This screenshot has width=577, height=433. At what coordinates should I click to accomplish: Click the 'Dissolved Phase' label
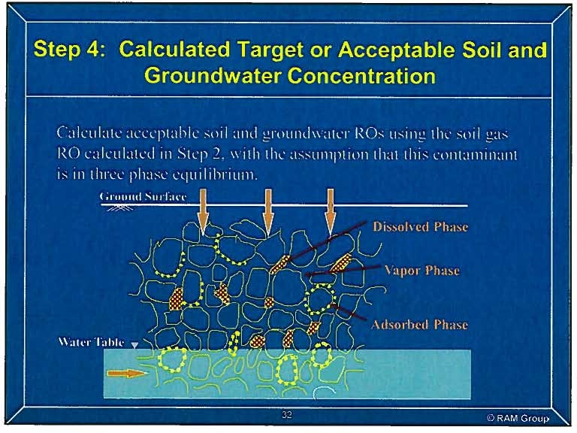[420, 226]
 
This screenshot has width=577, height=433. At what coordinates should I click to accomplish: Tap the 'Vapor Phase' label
[422, 271]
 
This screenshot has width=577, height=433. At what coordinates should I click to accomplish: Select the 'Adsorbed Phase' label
[420, 325]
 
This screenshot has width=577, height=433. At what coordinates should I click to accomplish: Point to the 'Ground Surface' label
[143, 196]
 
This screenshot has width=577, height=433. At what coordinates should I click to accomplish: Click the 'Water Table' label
[91, 342]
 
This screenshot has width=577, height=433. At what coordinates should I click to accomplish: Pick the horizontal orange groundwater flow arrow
[126, 374]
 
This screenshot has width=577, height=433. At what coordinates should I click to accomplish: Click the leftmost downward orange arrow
[203, 212]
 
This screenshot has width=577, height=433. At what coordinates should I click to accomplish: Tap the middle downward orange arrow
[268, 212]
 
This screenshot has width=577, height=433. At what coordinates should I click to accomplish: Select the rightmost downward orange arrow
[331, 212]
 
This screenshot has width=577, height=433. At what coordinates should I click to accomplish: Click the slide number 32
[287, 415]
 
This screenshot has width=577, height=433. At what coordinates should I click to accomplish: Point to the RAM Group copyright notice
[518, 418]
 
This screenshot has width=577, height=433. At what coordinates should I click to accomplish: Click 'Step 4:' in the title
[69, 49]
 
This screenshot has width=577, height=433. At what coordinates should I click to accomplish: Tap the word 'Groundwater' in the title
[213, 76]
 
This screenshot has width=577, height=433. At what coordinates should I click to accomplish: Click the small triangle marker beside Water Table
[135, 345]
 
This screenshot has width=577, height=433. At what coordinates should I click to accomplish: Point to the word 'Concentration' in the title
[361, 76]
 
